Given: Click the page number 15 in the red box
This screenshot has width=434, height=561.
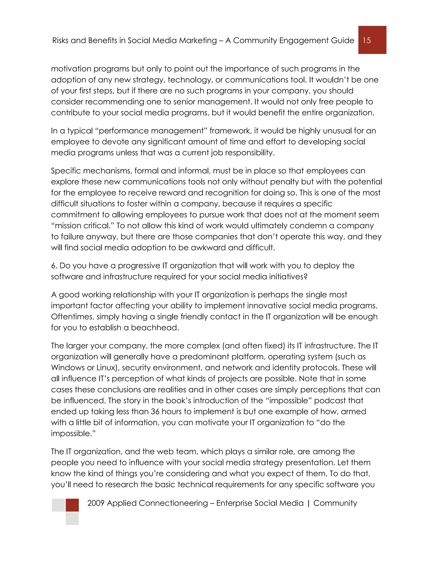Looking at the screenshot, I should (x=367, y=40).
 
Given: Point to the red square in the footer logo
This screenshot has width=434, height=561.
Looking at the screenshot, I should (x=72, y=505).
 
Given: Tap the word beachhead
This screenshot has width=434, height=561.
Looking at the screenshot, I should (x=154, y=327).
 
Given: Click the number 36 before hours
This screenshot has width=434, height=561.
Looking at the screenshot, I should (x=155, y=412).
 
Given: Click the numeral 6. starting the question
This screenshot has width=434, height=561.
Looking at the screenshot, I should (x=54, y=266).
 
